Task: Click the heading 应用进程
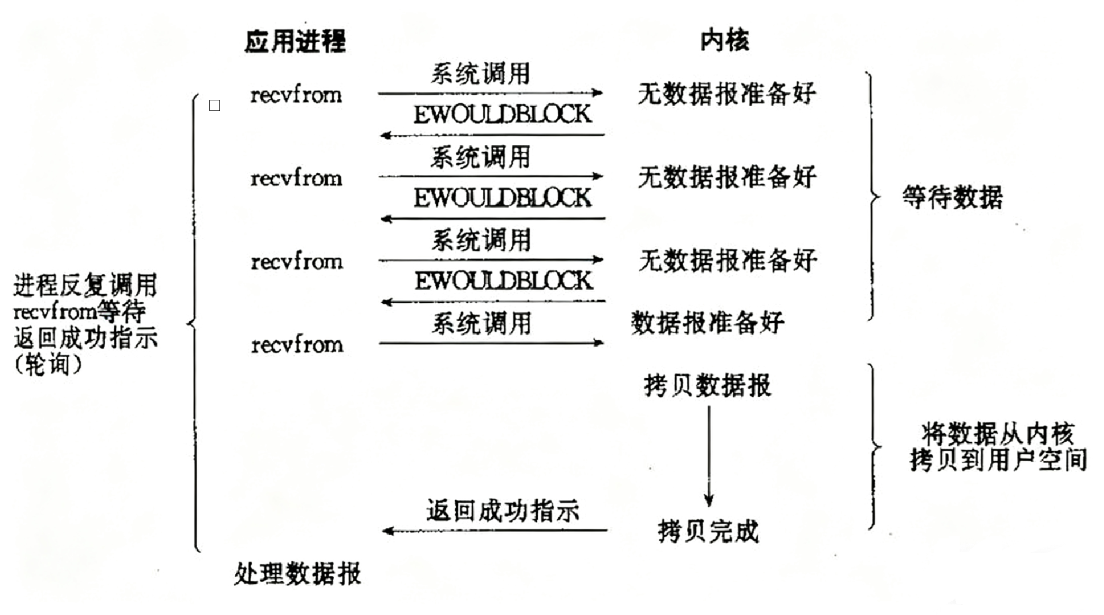click(295, 41)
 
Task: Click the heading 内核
click(724, 40)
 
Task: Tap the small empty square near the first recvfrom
click(215, 106)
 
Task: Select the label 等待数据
click(952, 198)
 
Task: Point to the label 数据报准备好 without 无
click(707, 323)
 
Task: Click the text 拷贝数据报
click(707, 386)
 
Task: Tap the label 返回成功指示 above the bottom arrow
click(502, 511)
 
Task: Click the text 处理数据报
click(298, 574)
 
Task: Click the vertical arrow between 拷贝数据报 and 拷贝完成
click(709, 454)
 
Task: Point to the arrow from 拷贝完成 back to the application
click(494, 530)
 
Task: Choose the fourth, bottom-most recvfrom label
click(297, 345)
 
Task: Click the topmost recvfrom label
click(296, 95)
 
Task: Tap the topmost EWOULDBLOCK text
click(502, 114)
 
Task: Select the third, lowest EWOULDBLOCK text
click(503, 281)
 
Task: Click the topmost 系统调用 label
click(480, 73)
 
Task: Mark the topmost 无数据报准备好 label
click(726, 94)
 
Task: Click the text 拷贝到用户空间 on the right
click(998, 460)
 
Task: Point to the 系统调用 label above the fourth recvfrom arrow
click(481, 323)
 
